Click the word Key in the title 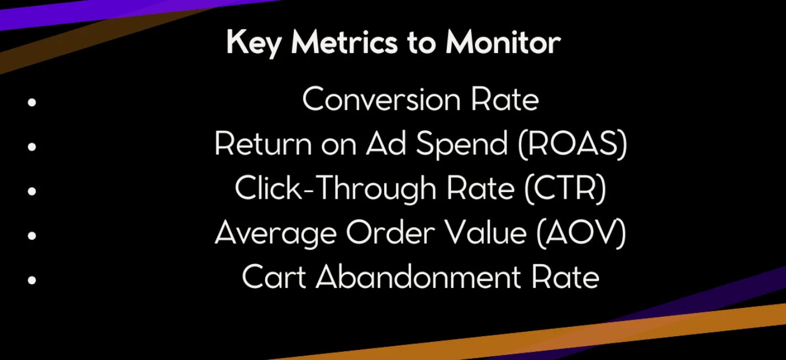point(254,43)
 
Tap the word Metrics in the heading point(344,42)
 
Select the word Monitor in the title point(503,42)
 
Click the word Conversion point(381,99)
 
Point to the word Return point(263,143)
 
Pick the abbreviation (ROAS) point(572,144)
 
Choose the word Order point(391,233)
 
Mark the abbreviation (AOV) point(581,233)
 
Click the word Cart point(274,277)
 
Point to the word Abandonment point(418,277)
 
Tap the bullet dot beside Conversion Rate point(32,102)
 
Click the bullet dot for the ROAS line point(32,146)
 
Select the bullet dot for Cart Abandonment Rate point(32,280)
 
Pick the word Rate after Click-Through point(480,188)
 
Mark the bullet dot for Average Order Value point(32,235)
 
